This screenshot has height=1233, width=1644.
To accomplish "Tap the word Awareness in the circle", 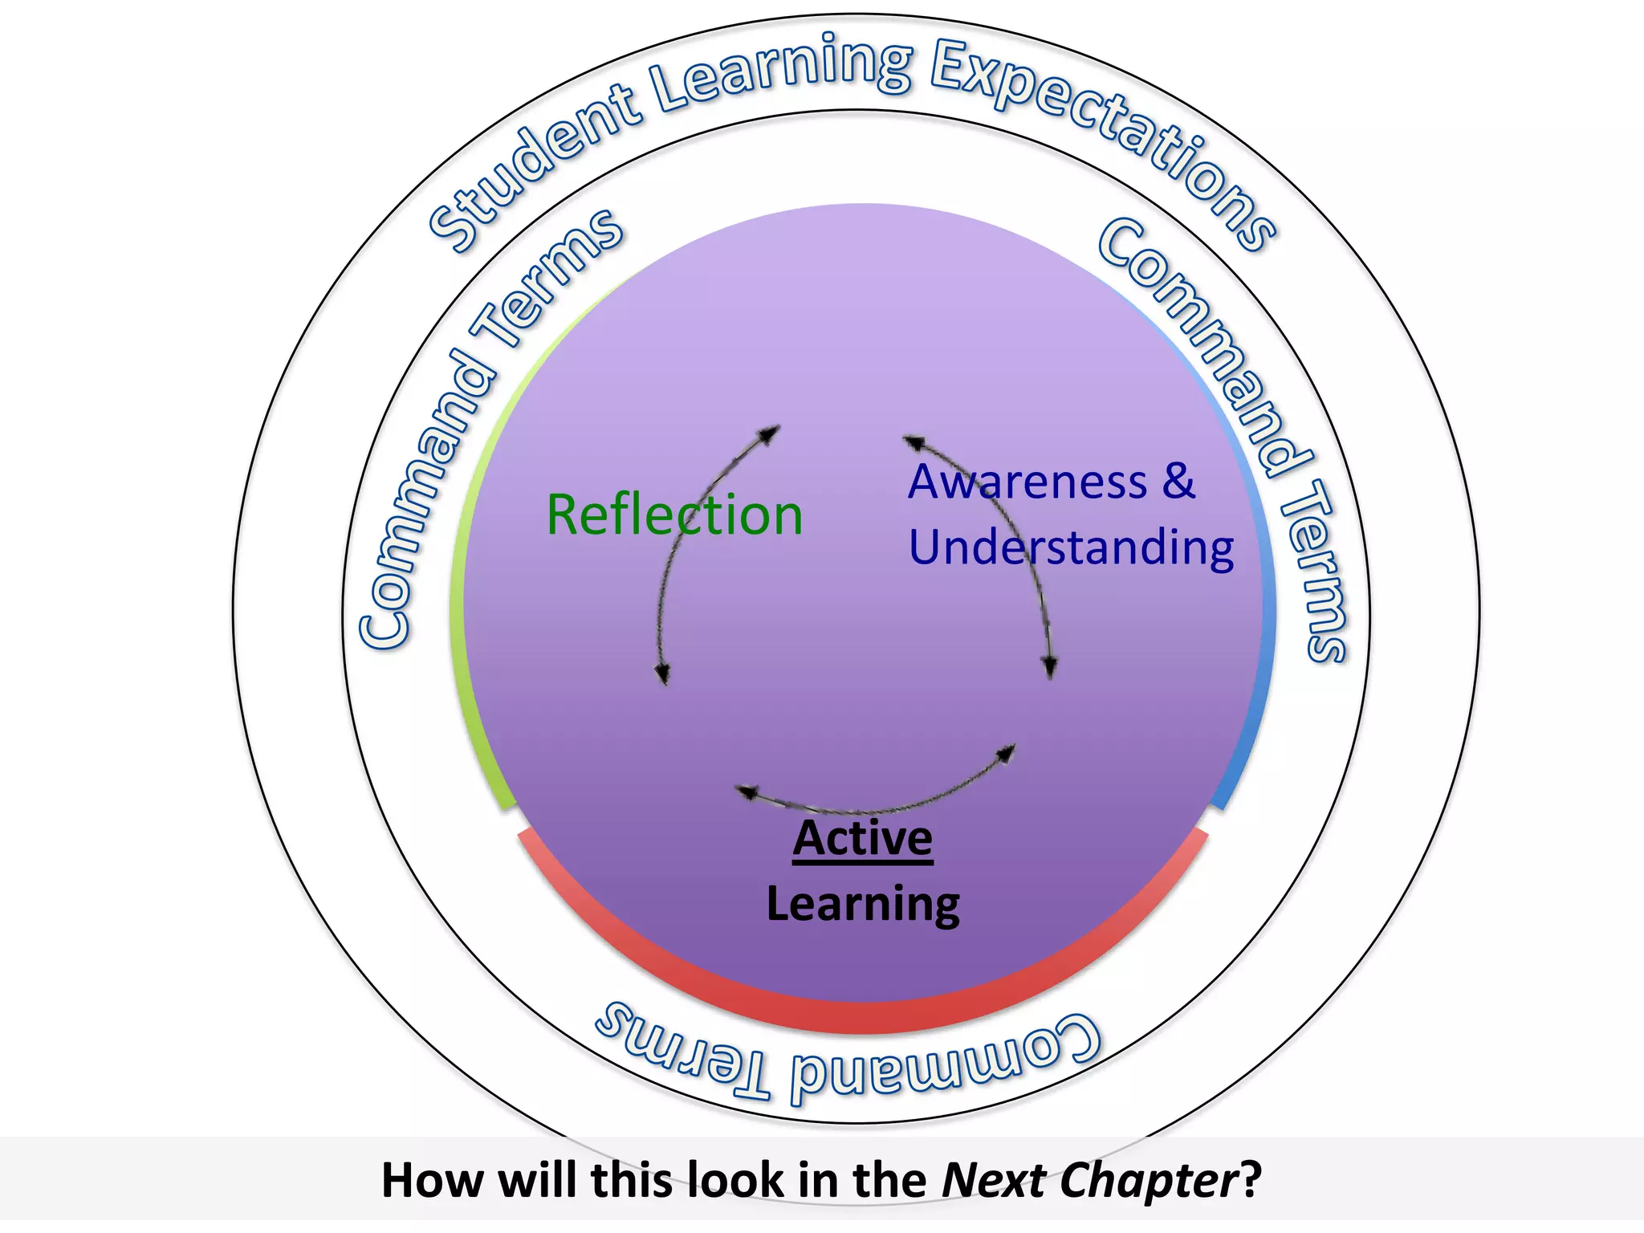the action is click(1027, 482).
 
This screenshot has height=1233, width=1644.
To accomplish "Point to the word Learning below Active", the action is click(863, 905).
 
